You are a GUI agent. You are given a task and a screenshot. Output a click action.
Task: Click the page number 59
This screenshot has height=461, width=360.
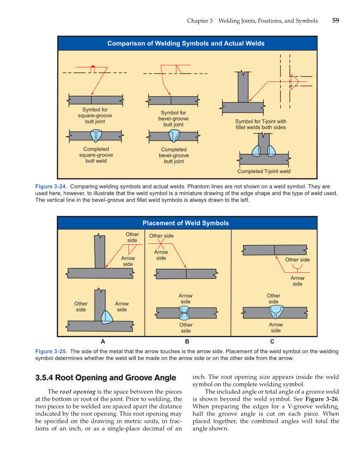tap(335, 20)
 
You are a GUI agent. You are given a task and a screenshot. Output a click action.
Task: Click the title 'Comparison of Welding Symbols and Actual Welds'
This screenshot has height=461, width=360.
tap(186, 43)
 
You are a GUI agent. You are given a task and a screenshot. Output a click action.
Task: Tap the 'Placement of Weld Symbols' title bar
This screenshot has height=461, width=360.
tap(186, 223)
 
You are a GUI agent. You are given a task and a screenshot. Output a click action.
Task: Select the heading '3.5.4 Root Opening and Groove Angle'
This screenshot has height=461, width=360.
tap(106, 377)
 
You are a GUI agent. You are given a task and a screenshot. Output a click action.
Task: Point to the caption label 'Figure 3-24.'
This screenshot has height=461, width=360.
tap(51, 187)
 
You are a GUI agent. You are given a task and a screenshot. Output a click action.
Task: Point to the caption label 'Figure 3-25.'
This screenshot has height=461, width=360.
tap(51, 352)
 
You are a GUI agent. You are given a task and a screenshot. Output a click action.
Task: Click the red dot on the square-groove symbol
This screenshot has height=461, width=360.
tap(93, 67)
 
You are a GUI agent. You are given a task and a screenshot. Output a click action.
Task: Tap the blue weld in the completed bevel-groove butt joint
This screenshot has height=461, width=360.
tap(174, 136)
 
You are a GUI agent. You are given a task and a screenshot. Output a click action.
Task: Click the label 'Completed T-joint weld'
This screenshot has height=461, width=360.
tap(264, 171)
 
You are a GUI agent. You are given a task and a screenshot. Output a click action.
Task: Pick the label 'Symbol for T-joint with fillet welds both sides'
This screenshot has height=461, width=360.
tap(261, 124)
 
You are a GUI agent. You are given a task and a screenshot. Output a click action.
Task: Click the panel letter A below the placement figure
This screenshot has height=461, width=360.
tap(103, 341)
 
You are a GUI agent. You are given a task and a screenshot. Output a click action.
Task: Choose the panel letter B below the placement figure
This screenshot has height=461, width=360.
tap(187, 341)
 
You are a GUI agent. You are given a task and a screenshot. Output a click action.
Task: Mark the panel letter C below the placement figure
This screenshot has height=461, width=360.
tap(272, 341)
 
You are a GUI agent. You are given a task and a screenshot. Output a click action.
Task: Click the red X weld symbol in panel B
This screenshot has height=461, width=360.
tap(161, 244)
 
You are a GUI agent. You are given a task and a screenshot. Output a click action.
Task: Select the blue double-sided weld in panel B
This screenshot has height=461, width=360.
tap(186, 313)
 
